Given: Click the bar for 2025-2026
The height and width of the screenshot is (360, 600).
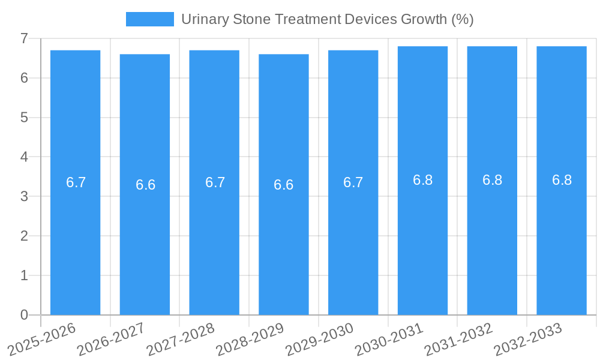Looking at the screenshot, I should [x=75, y=240].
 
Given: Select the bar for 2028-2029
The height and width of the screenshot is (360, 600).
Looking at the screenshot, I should [x=284, y=240].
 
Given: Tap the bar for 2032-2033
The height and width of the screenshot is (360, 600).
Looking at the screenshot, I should [x=562, y=240].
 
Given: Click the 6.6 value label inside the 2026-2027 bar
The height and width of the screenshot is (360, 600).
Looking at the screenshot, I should [x=145, y=185].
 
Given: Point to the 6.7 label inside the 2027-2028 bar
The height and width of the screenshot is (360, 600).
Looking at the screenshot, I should [x=215, y=182].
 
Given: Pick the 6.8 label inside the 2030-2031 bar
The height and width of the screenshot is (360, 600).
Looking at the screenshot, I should [x=422, y=180].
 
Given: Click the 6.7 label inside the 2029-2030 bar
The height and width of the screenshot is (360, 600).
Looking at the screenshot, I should [x=353, y=182].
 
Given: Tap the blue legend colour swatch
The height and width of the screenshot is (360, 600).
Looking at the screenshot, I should [x=149, y=19].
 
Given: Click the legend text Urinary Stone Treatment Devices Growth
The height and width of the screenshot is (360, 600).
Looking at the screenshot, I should [x=327, y=19].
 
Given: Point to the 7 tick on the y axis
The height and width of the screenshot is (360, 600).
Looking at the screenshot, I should [x=24, y=38].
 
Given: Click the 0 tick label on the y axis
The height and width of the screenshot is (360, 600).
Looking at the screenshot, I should [x=24, y=315].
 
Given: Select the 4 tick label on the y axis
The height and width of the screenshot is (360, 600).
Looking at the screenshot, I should [x=24, y=157].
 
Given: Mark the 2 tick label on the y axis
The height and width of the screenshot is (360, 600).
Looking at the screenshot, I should [x=24, y=236].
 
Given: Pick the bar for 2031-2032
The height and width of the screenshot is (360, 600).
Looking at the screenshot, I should [x=492, y=240].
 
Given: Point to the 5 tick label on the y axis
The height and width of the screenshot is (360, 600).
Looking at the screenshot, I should [x=24, y=118].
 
